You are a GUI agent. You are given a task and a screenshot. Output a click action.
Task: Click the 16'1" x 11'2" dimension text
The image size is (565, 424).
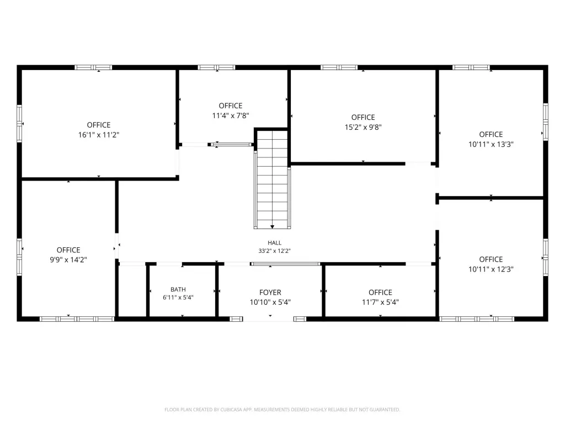(x=99, y=135)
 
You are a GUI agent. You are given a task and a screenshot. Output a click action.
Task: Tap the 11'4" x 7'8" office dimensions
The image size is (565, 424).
(x=231, y=116)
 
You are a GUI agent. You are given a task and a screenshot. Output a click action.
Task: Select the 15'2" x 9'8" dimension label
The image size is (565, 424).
(x=363, y=128)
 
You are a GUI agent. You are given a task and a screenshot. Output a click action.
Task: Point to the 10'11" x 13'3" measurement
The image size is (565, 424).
(x=491, y=144)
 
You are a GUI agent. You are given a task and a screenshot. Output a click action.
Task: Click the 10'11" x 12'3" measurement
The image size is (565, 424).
(x=491, y=269)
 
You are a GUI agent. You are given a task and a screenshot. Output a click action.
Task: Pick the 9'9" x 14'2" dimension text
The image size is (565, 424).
(x=68, y=260)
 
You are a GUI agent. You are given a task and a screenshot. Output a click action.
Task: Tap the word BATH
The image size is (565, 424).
(x=178, y=289)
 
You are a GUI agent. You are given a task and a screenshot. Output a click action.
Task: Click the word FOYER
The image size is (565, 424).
(x=270, y=293)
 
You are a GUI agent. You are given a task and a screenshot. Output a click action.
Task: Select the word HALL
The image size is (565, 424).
(x=275, y=243)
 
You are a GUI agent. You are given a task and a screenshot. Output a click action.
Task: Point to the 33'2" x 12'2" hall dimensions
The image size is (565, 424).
(x=275, y=251)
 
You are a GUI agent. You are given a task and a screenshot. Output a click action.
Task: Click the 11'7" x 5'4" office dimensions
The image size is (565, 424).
(x=381, y=303)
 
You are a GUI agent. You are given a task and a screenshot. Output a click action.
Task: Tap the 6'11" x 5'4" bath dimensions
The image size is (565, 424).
(x=178, y=298)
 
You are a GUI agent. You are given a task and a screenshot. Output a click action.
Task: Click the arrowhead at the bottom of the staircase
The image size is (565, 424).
(x=273, y=227)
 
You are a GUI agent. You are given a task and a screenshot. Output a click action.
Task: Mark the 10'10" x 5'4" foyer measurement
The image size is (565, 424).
(x=270, y=303)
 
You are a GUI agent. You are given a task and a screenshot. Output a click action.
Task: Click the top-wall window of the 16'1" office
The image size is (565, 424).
(x=93, y=67)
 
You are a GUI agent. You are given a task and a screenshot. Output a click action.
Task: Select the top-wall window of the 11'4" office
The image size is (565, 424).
(x=216, y=67)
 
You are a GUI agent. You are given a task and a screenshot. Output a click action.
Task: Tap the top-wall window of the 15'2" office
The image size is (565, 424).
(x=339, y=67)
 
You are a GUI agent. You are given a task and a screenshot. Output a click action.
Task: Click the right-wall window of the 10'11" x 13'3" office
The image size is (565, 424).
(x=546, y=122)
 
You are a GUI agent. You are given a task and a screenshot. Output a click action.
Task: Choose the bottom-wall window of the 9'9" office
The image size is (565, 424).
(x=77, y=319)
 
